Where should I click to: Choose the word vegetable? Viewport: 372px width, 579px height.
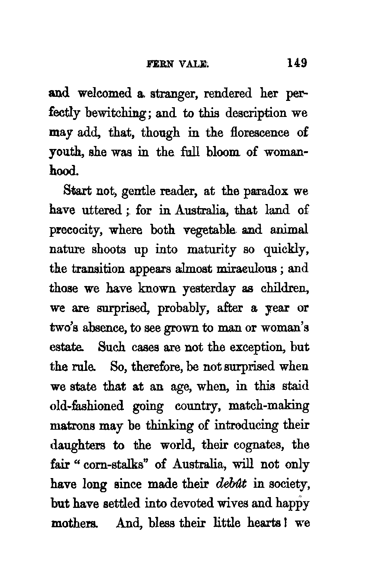point(211,231)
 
